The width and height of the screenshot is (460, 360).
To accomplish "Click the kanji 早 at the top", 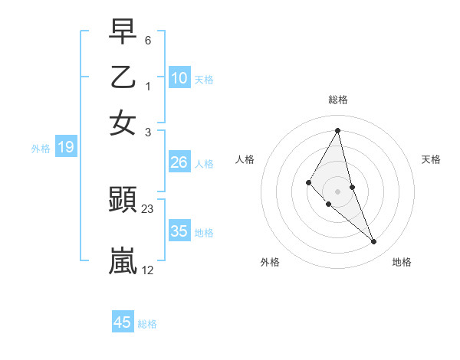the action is point(123,31).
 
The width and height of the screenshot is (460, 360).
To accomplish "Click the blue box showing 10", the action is point(179,78).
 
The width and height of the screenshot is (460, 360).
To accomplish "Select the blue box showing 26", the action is point(179,162).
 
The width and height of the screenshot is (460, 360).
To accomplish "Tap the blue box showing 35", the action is point(179,231).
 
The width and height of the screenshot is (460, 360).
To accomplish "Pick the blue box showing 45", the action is point(123,322).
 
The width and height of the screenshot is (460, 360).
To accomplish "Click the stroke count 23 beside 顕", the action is point(148,208).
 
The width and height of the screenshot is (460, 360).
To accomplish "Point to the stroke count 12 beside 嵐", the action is point(148,270).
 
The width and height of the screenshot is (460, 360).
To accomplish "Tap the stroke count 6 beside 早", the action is point(147,40).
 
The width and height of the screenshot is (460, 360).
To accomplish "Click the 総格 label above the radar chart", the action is point(337,100).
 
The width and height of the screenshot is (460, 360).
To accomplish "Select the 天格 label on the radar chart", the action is point(432,159).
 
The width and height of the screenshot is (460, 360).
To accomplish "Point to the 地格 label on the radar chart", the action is point(402,262).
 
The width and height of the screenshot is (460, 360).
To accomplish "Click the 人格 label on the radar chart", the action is point(245,159).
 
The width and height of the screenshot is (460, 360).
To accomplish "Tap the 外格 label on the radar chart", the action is point(270,262).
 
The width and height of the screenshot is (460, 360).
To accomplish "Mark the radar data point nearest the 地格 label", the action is point(374,242).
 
